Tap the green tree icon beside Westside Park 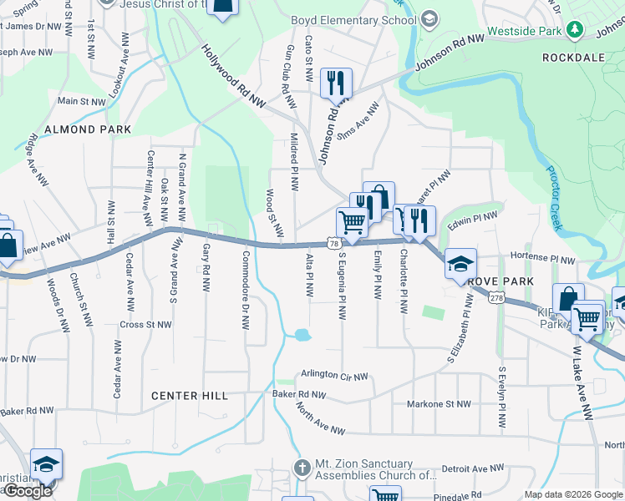coord(575,30)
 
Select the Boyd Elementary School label coord(353,20)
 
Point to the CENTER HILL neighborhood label coord(190,396)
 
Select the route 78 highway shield coord(333,243)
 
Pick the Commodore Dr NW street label coord(246,291)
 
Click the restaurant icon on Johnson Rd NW coord(336,83)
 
